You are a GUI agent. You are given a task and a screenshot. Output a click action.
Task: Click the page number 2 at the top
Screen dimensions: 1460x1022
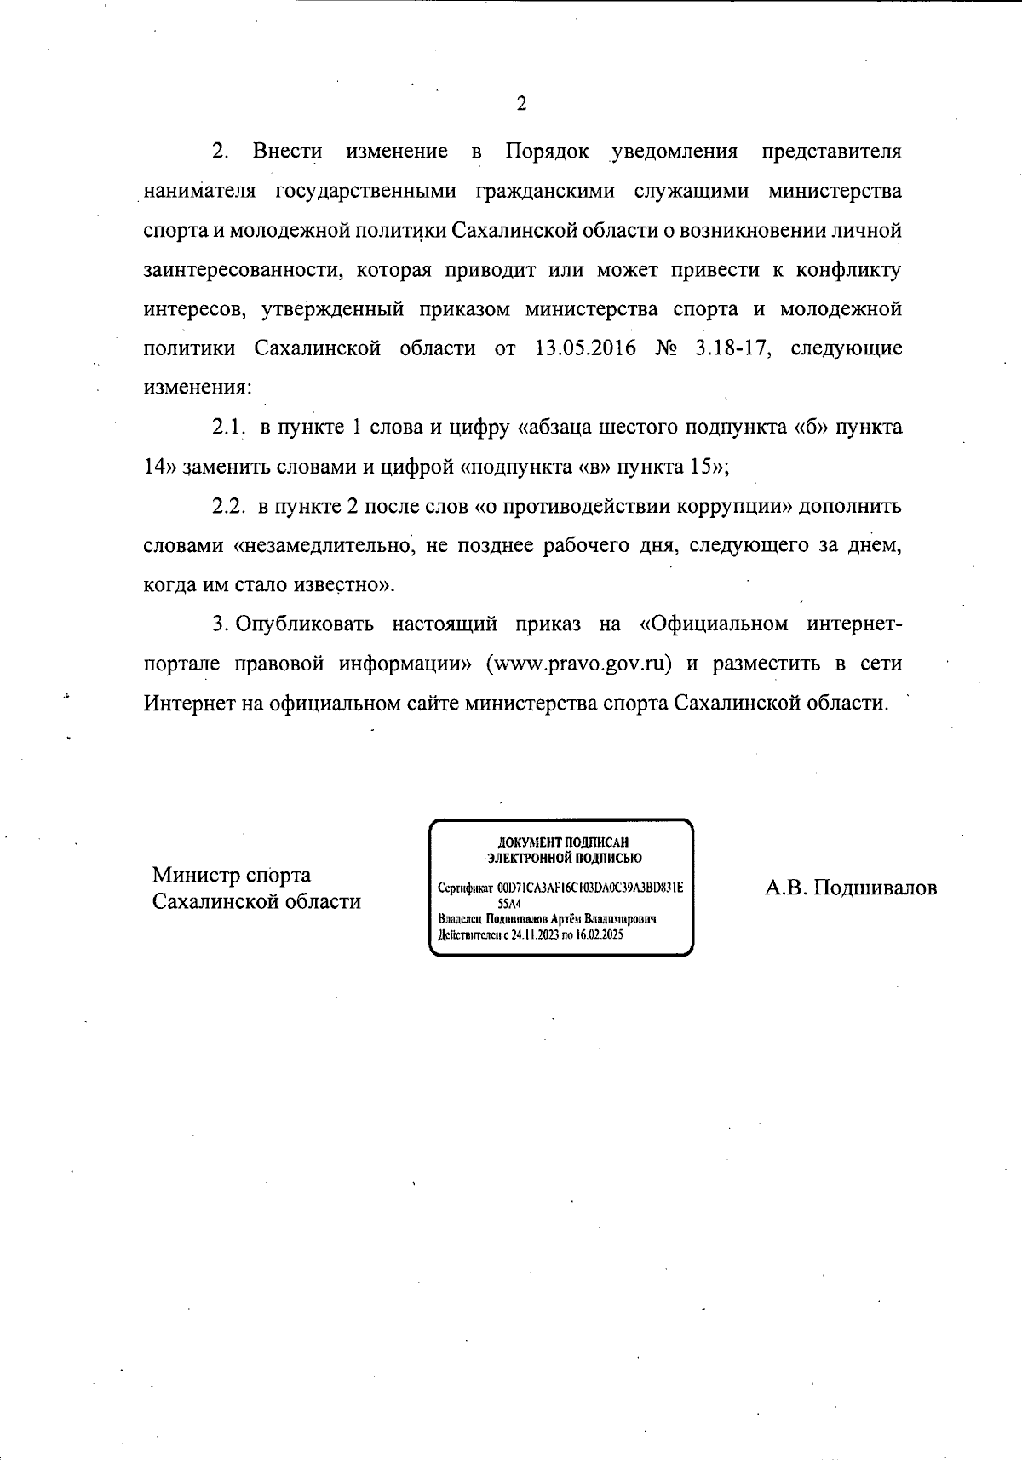521,104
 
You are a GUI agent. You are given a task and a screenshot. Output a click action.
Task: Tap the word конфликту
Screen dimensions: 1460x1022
848,270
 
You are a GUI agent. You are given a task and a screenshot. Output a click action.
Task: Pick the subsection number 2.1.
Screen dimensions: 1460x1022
228,427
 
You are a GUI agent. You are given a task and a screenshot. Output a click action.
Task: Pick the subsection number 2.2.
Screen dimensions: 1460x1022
229,506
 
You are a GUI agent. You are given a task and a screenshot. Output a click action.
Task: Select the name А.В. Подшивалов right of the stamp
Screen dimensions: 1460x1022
851,888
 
